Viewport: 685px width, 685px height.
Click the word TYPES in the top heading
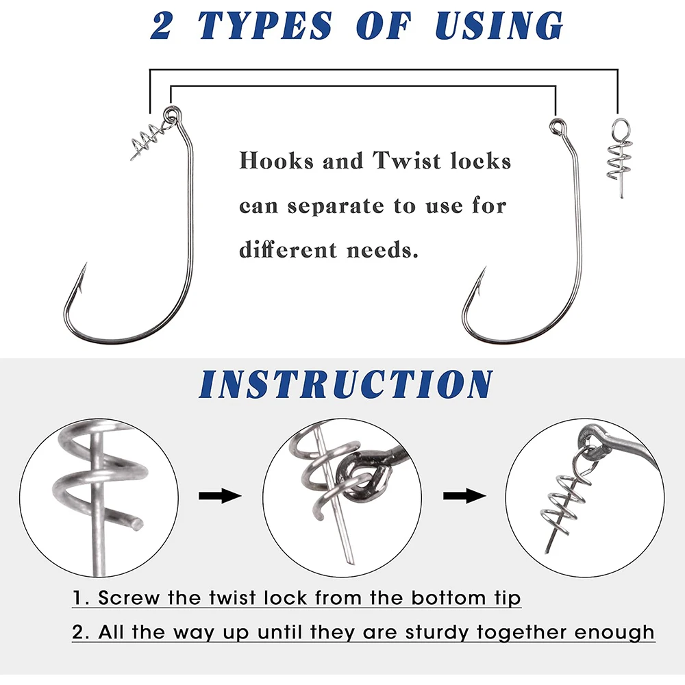click(x=265, y=26)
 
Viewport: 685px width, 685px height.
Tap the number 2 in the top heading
click(x=162, y=26)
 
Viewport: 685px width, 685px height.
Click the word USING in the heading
click(x=499, y=26)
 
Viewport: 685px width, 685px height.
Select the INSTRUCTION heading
click(x=346, y=384)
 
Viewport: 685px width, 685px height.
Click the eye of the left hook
click(x=171, y=114)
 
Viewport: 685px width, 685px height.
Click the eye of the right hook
click(x=556, y=127)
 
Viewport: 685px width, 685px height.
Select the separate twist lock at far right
click(x=619, y=158)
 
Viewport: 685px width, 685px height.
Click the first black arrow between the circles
click(x=220, y=496)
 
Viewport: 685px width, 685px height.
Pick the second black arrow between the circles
click(x=464, y=496)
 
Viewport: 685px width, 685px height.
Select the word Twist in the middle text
click(x=407, y=160)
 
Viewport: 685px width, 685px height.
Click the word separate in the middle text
click(x=336, y=206)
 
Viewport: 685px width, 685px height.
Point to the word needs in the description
click(x=382, y=250)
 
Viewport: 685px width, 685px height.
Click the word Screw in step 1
click(x=129, y=597)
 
